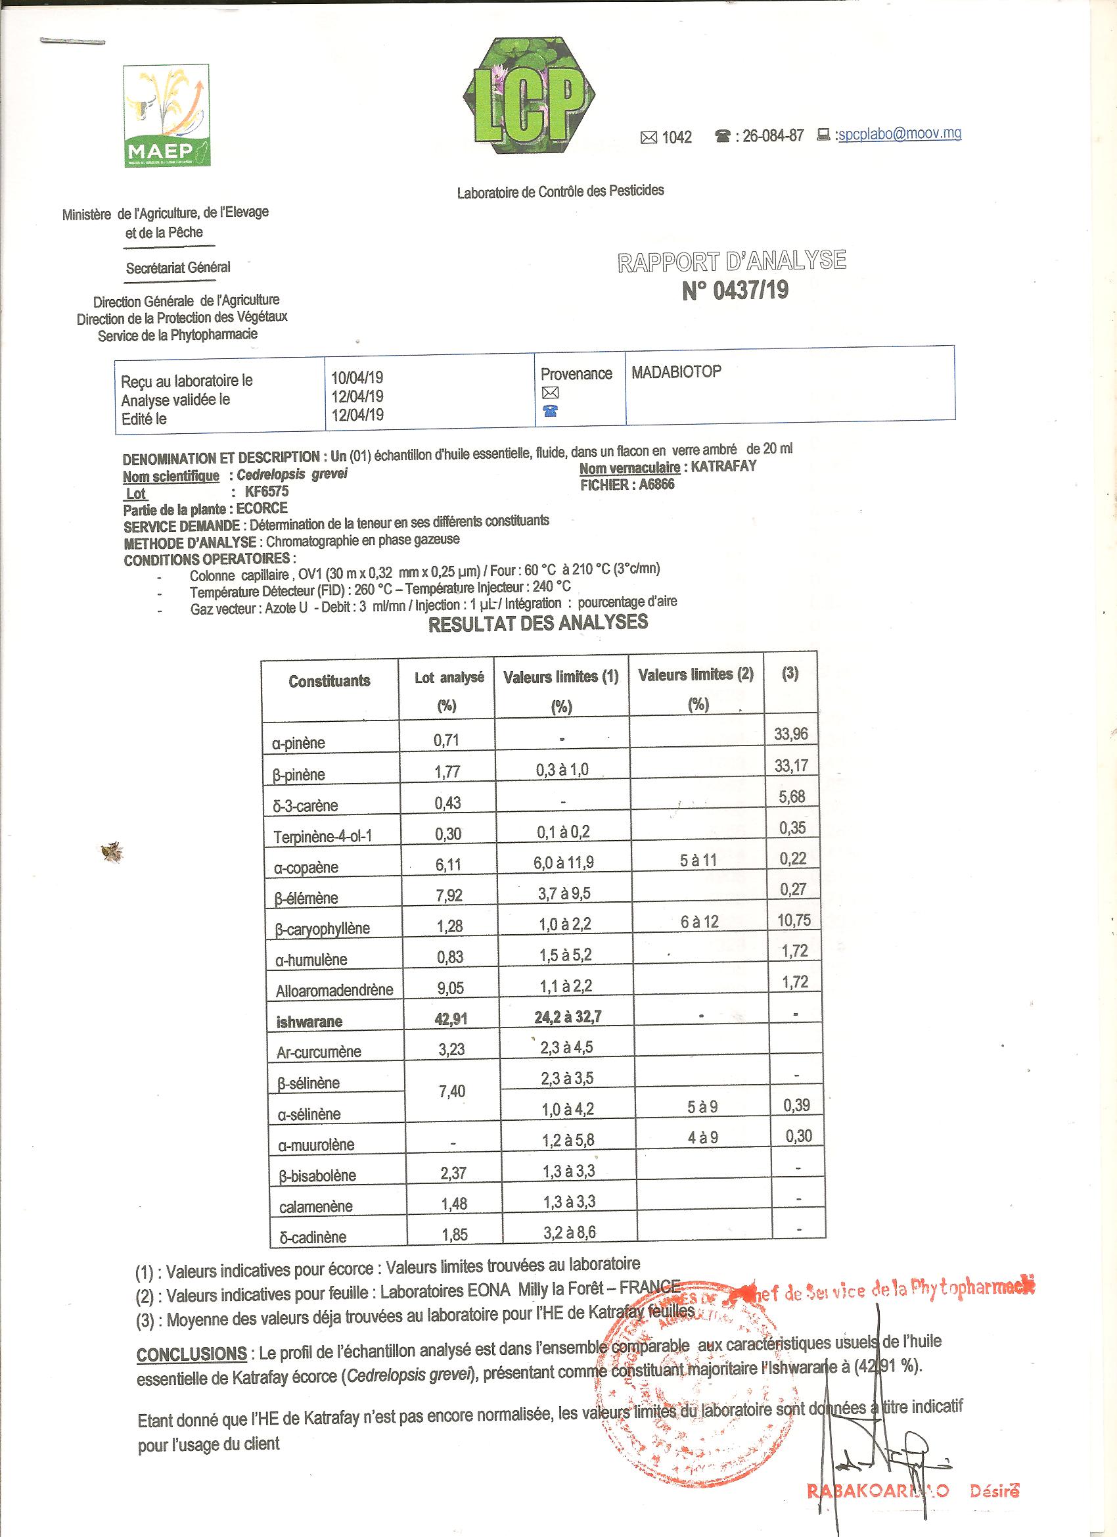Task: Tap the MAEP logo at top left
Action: coord(168,116)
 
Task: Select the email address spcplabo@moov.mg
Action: coord(899,134)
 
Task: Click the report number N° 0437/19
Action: coord(735,291)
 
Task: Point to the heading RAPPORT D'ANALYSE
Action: coord(731,261)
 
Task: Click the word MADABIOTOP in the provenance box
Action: coord(676,371)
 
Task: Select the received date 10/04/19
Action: coord(357,377)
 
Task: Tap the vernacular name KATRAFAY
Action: coord(723,466)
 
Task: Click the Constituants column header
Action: coord(329,681)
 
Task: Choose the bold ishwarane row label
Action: coord(309,1022)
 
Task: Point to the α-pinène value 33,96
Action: coord(790,734)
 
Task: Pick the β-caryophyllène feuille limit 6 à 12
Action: coord(700,922)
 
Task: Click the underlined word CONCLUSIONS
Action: coord(192,1354)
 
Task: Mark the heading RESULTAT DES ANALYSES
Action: coord(538,623)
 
